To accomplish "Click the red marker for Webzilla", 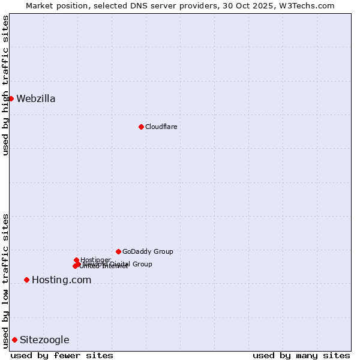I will [x=11, y=98].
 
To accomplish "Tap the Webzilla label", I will [x=36, y=99].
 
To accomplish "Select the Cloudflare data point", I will [x=141, y=127].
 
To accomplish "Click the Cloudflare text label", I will [x=161, y=127].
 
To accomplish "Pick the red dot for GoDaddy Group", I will [x=118, y=251].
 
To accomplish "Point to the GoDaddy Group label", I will [x=148, y=251].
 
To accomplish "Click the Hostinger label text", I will [x=95, y=260].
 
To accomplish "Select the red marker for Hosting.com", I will [x=26, y=280].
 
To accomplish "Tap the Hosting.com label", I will [x=61, y=280].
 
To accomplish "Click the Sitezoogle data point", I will [x=14, y=340].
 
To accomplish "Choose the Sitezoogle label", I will [x=44, y=340].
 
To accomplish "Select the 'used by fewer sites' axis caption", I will [x=62, y=355].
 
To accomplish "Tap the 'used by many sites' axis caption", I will [x=301, y=355].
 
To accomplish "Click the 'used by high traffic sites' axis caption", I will [x=5, y=86].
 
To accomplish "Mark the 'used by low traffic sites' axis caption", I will [x=5, y=281].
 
